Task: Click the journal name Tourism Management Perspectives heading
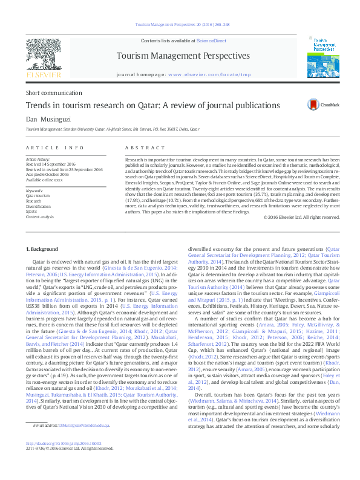point(183,56)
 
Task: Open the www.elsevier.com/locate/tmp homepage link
point(208,75)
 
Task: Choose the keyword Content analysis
point(40,216)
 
